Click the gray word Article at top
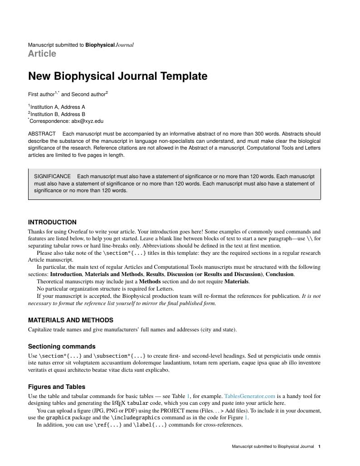coord(42,53)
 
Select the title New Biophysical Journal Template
coord(117,76)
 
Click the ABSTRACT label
coord(42,134)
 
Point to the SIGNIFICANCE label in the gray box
coord(52,176)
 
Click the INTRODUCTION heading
coord(52,222)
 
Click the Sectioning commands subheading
coord(62,346)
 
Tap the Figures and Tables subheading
coord(57,387)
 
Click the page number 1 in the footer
coord(319,447)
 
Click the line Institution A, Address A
coord(58,107)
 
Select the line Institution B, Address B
coord(58,114)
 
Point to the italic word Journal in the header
coord(125,45)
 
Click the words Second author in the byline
coord(88,95)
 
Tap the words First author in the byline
coord(41,95)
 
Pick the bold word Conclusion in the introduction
coord(279,274)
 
